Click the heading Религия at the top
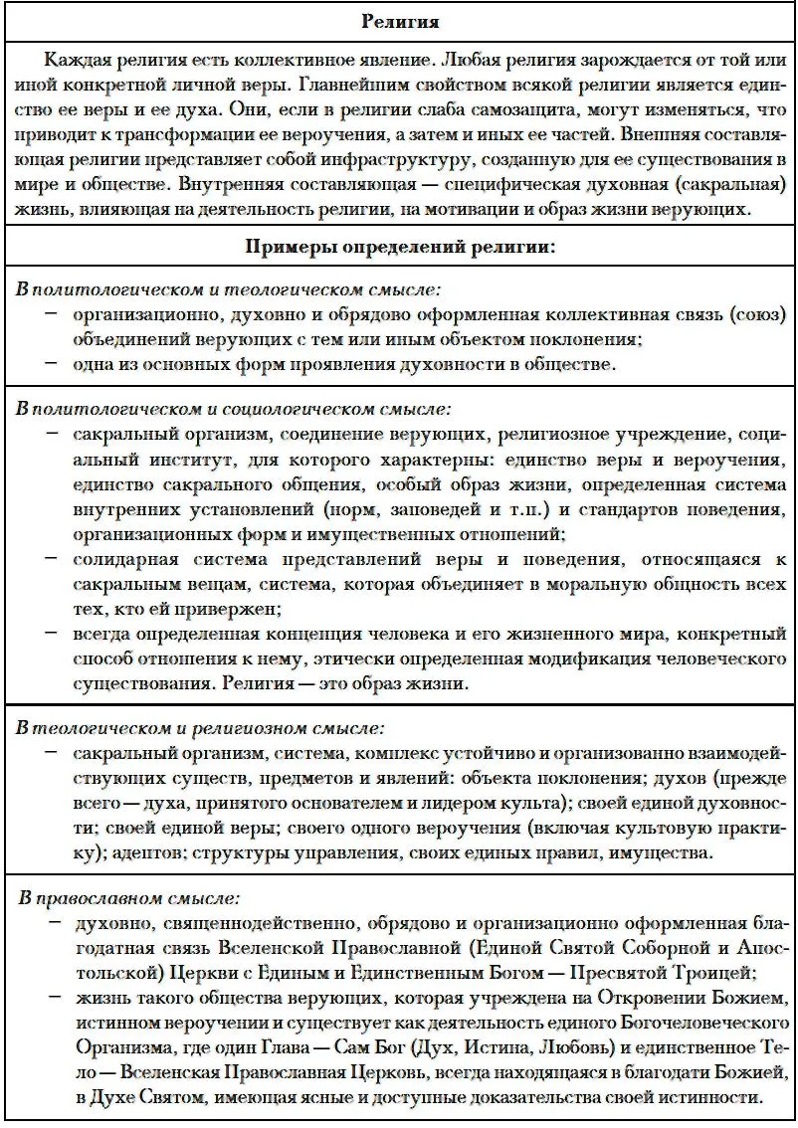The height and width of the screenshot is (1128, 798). pyautogui.click(x=400, y=21)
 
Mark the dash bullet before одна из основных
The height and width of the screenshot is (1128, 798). pyautogui.click(x=51, y=364)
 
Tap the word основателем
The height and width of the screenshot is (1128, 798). pyautogui.click(x=346, y=803)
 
